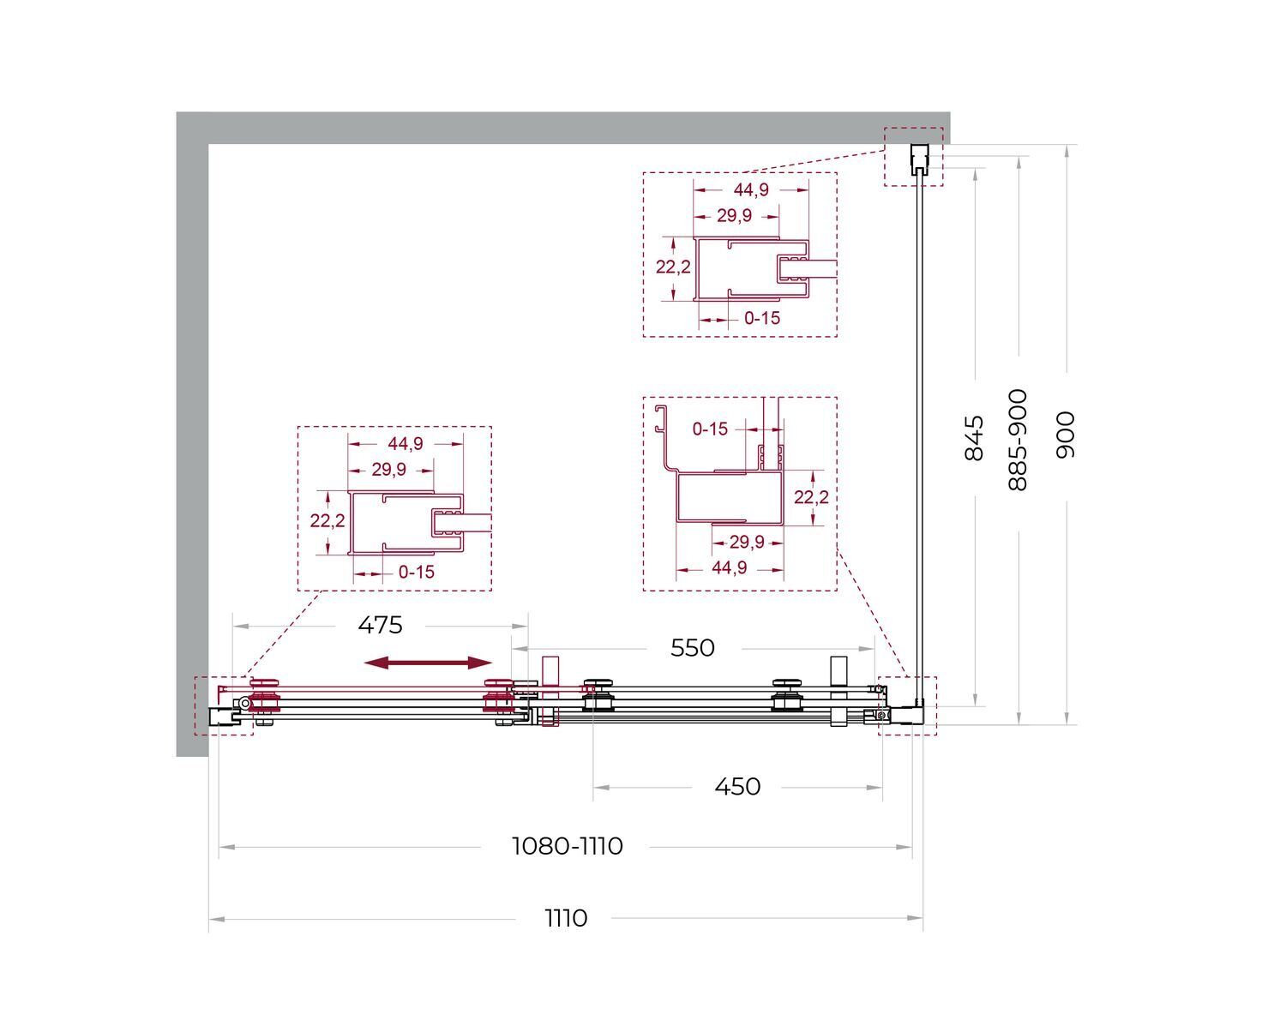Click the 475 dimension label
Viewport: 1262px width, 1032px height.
click(380, 625)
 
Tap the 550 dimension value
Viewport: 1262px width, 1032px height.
click(693, 648)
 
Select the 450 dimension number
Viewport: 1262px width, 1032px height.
click(737, 787)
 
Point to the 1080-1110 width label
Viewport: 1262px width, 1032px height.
click(568, 847)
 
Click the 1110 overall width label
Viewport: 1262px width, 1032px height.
click(566, 918)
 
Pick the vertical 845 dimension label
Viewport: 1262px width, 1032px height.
click(975, 438)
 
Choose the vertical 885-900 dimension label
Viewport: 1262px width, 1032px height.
click(1018, 440)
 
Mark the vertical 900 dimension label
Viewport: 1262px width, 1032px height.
click(1066, 435)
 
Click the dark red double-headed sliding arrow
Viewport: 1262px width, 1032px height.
click(428, 663)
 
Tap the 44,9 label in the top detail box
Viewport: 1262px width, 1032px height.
click(751, 189)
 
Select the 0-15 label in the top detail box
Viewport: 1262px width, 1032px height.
click(762, 318)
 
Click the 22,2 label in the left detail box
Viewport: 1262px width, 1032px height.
click(328, 521)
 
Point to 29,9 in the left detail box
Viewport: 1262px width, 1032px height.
click(388, 470)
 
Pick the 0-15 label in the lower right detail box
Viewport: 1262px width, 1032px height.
click(710, 429)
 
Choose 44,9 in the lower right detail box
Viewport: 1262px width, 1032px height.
click(729, 567)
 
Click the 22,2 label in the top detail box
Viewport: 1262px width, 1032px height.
click(673, 267)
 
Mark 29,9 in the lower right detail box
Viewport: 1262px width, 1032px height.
click(746, 542)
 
